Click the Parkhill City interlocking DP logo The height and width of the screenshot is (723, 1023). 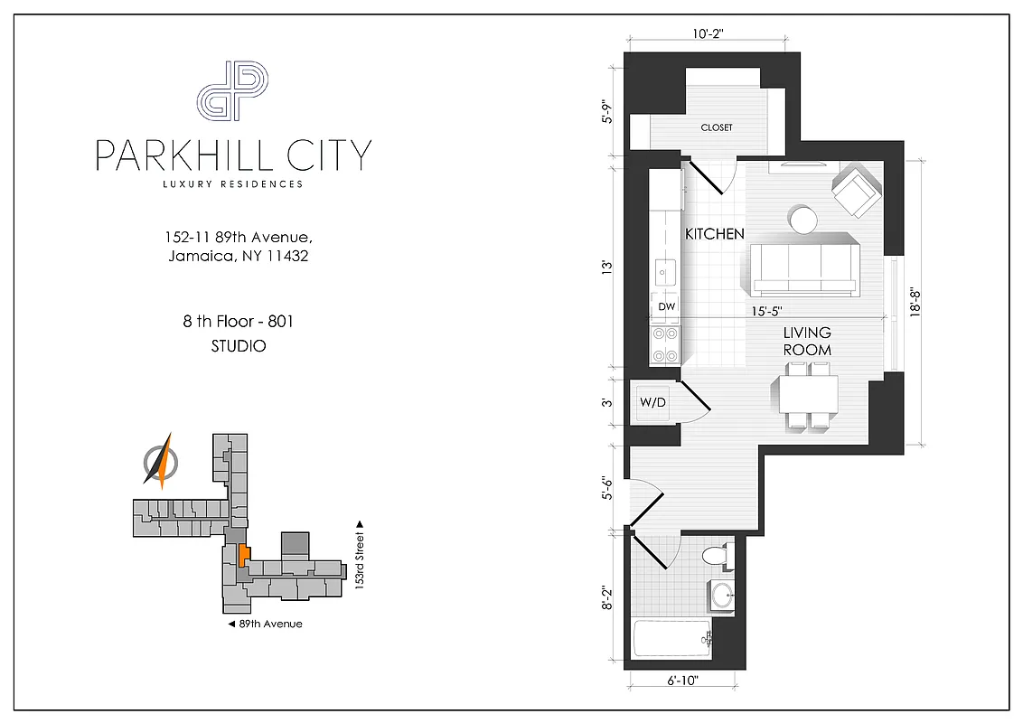(233, 90)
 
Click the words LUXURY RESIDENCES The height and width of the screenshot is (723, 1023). (232, 184)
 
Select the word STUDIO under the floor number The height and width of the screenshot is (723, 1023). (239, 345)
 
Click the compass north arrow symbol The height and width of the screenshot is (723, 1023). (161, 461)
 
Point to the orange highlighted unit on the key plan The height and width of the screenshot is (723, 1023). (244, 553)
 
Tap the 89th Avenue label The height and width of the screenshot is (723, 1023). (265, 624)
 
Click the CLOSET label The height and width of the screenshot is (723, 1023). (717, 127)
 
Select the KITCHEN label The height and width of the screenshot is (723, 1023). (714, 234)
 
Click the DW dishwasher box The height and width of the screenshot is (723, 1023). (666, 307)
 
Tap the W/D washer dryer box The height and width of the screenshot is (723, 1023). (652, 402)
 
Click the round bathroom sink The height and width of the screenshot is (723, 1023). (722, 595)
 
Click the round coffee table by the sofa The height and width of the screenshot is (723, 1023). (802, 219)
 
